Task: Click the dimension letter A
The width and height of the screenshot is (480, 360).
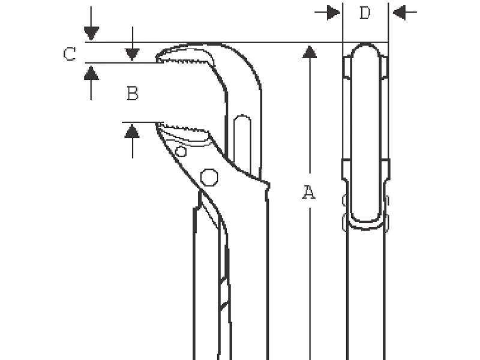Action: click(x=309, y=192)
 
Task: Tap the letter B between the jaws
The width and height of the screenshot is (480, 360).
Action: click(x=133, y=94)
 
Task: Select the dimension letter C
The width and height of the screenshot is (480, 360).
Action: click(x=70, y=54)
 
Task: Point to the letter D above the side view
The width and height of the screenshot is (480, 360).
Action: click(x=365, y=13)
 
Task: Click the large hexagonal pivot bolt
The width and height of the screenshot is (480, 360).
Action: click(x=209, y=177)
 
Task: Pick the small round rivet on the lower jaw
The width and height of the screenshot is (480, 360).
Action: click(x=181, y=152)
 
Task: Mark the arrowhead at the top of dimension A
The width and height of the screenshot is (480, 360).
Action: click(x=310, y=52)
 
